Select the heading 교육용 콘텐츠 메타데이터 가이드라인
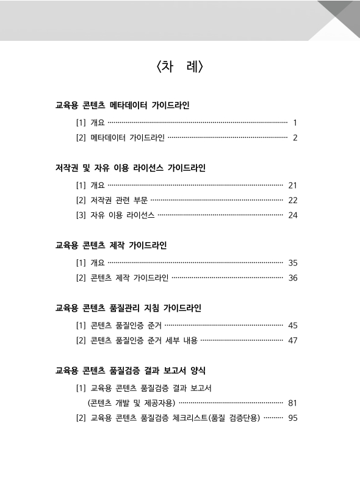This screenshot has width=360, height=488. (123, 106)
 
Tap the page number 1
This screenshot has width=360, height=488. (295, 123)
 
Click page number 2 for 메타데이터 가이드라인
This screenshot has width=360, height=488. (295, 138)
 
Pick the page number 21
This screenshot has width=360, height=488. (292, 185)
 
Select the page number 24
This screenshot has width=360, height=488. (292, 215)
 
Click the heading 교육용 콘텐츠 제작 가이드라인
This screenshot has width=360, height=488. (111, 246)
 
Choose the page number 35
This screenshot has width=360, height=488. (292, 263)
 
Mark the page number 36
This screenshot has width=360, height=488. (292, 278)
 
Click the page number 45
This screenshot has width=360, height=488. (292, 325)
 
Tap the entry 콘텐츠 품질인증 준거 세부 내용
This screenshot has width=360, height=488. (144, 340)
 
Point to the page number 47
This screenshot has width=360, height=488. (292, 340)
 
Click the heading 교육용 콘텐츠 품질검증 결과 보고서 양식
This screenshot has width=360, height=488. (134, 370)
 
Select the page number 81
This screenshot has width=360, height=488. (292, 403)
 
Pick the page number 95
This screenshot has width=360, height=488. (292, 418)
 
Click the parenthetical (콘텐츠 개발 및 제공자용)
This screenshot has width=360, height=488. (131, 403)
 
